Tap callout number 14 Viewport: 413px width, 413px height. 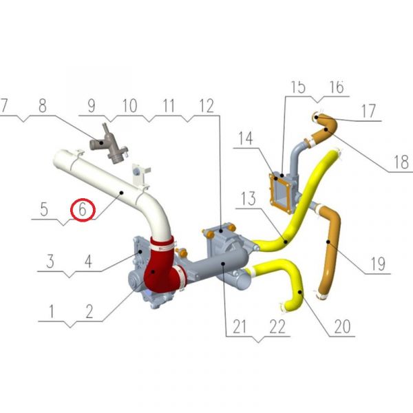point(246,138)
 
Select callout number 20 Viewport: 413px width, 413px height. point(342,326)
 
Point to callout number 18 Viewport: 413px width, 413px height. point(401,162)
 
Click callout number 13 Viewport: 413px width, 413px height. point(248,198)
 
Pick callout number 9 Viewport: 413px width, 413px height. point(92,106)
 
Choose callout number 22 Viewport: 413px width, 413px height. point(277,326)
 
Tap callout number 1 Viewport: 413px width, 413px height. point(52,311)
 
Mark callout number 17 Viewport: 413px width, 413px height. point(368,111)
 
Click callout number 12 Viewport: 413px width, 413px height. point(206,106)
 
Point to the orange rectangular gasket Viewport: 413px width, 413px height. point(281,193)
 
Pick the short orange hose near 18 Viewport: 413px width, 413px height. point(324,128)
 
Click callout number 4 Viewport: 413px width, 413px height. point(89,262)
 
